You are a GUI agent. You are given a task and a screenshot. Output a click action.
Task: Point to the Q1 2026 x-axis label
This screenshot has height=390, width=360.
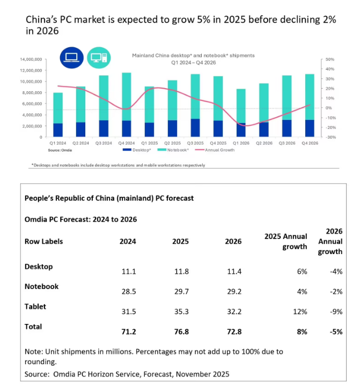241,143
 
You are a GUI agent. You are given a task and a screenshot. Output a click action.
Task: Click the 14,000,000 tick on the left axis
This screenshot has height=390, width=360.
31,59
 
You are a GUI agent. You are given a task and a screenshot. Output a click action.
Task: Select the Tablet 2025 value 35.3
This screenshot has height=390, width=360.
180,311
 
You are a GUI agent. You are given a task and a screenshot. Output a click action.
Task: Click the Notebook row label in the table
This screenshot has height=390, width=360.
42,286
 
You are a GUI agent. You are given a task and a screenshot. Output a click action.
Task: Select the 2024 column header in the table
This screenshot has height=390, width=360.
128,242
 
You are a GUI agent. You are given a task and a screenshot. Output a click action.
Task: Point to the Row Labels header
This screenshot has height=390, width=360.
44,241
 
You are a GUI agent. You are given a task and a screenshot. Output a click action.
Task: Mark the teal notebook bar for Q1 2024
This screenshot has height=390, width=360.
57,108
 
